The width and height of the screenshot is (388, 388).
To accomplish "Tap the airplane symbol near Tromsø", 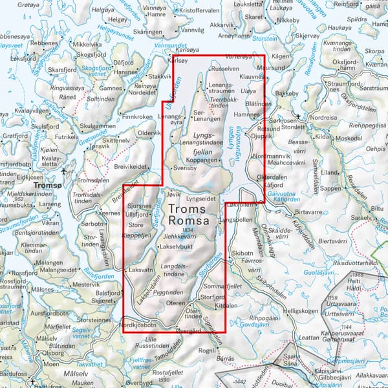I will tap(63, 171).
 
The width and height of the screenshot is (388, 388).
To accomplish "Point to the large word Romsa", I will tap(188, 222).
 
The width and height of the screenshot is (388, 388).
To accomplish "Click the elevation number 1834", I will tap(188, 231).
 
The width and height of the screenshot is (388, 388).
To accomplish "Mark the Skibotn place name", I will tap(242, 255).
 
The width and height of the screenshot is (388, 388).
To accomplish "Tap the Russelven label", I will tap(225, 68).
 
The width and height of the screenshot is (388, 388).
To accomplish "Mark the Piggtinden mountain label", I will tap(171, 293).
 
